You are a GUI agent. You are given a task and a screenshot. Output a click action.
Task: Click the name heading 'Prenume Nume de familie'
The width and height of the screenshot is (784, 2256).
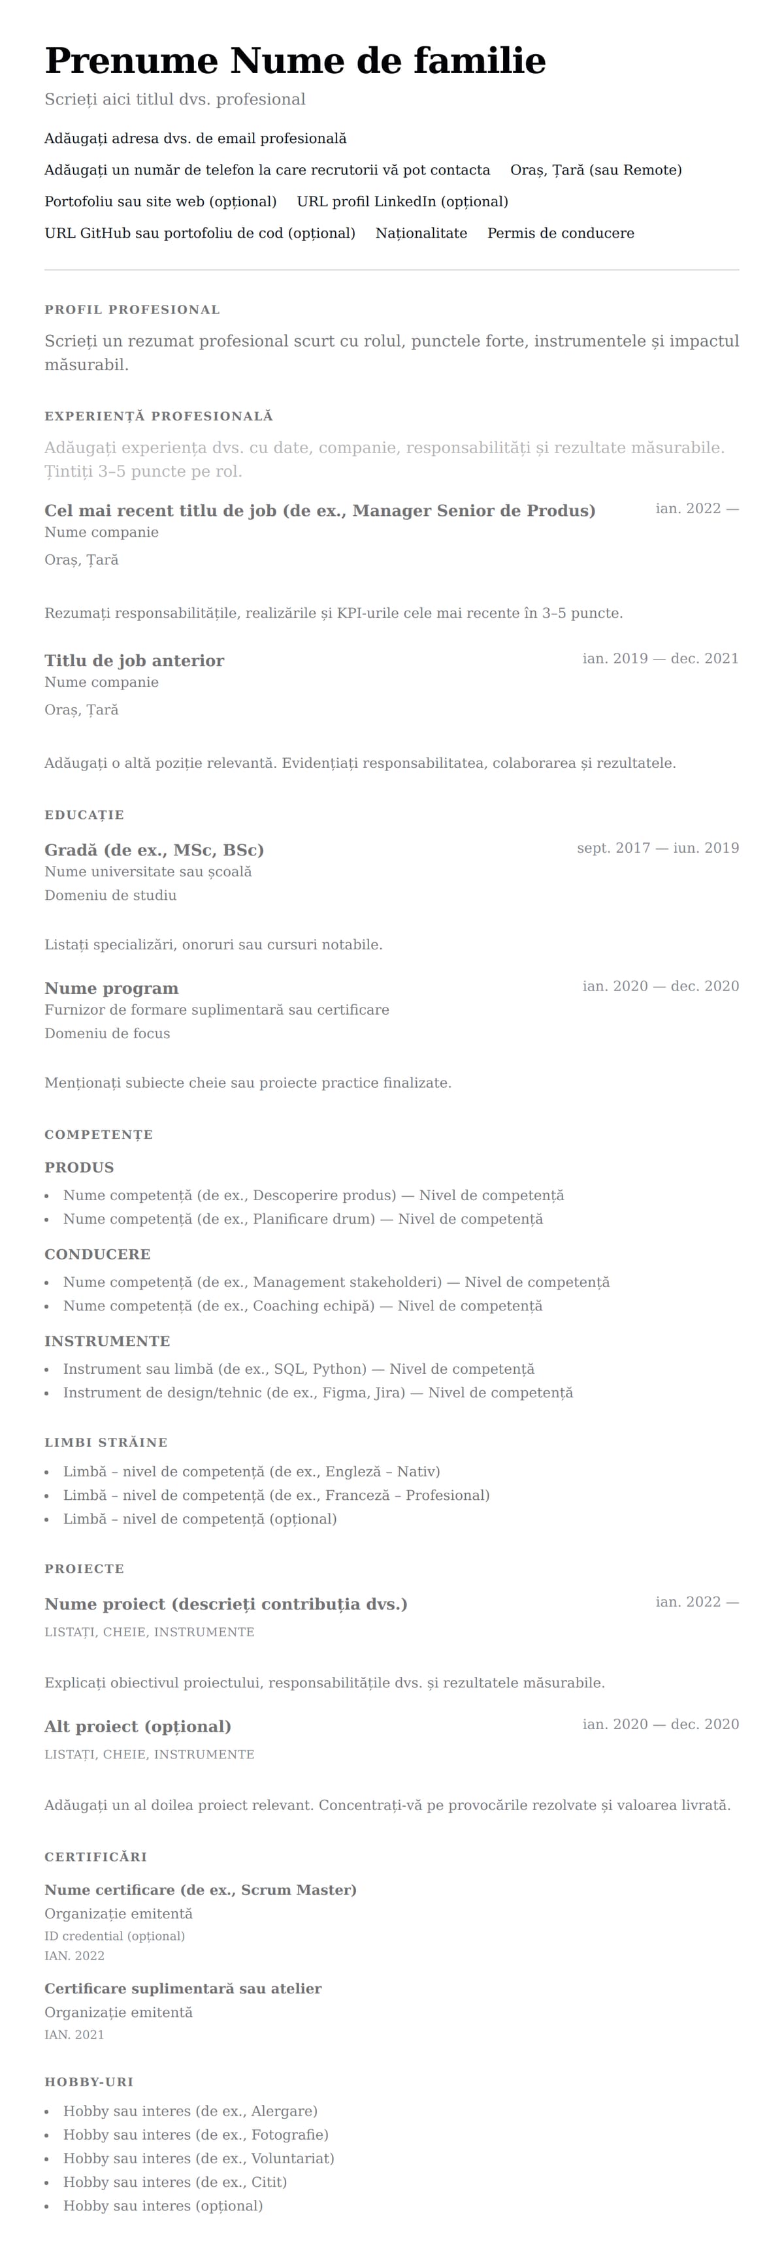click(295, 61)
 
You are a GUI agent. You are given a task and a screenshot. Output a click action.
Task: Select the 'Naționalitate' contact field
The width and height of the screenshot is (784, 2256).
click(421, 233)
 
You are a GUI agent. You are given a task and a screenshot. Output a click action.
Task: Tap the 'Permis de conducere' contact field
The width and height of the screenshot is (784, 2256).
click(561, 233)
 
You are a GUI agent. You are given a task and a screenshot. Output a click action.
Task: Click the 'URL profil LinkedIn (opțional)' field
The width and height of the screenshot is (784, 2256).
click(402, 201)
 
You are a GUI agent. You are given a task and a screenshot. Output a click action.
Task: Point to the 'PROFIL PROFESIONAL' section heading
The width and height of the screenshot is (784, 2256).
click(132, 310)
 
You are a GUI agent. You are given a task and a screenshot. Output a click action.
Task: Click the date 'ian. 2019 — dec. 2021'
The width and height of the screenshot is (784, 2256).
click(661, 659)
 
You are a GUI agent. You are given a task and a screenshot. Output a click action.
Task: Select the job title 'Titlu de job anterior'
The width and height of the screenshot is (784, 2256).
click(134, 660)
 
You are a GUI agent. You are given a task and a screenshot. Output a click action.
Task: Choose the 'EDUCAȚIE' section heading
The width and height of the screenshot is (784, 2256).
click(84, 816)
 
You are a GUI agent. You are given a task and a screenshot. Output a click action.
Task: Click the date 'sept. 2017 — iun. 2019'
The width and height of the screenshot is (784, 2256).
click(658, 848)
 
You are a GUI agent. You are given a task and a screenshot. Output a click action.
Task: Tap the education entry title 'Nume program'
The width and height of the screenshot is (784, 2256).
click(111, 989)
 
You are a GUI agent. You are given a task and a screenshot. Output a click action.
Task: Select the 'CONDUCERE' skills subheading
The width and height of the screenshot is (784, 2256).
click(97, 1254)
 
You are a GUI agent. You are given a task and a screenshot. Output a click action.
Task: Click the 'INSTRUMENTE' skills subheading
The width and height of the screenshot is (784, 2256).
click(107, 1341)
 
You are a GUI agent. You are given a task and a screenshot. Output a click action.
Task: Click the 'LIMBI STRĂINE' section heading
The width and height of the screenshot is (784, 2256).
click(106, 1442)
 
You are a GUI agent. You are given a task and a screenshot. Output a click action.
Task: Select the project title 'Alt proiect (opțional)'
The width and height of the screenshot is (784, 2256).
click(138, 1726)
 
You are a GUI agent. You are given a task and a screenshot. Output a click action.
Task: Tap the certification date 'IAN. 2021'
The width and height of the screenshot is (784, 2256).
click(74, 2035)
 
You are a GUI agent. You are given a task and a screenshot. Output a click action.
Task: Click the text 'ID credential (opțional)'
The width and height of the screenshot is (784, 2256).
click(115, 1935)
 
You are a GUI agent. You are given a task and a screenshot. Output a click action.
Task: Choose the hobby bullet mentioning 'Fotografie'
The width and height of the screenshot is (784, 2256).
click(196, 2135)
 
